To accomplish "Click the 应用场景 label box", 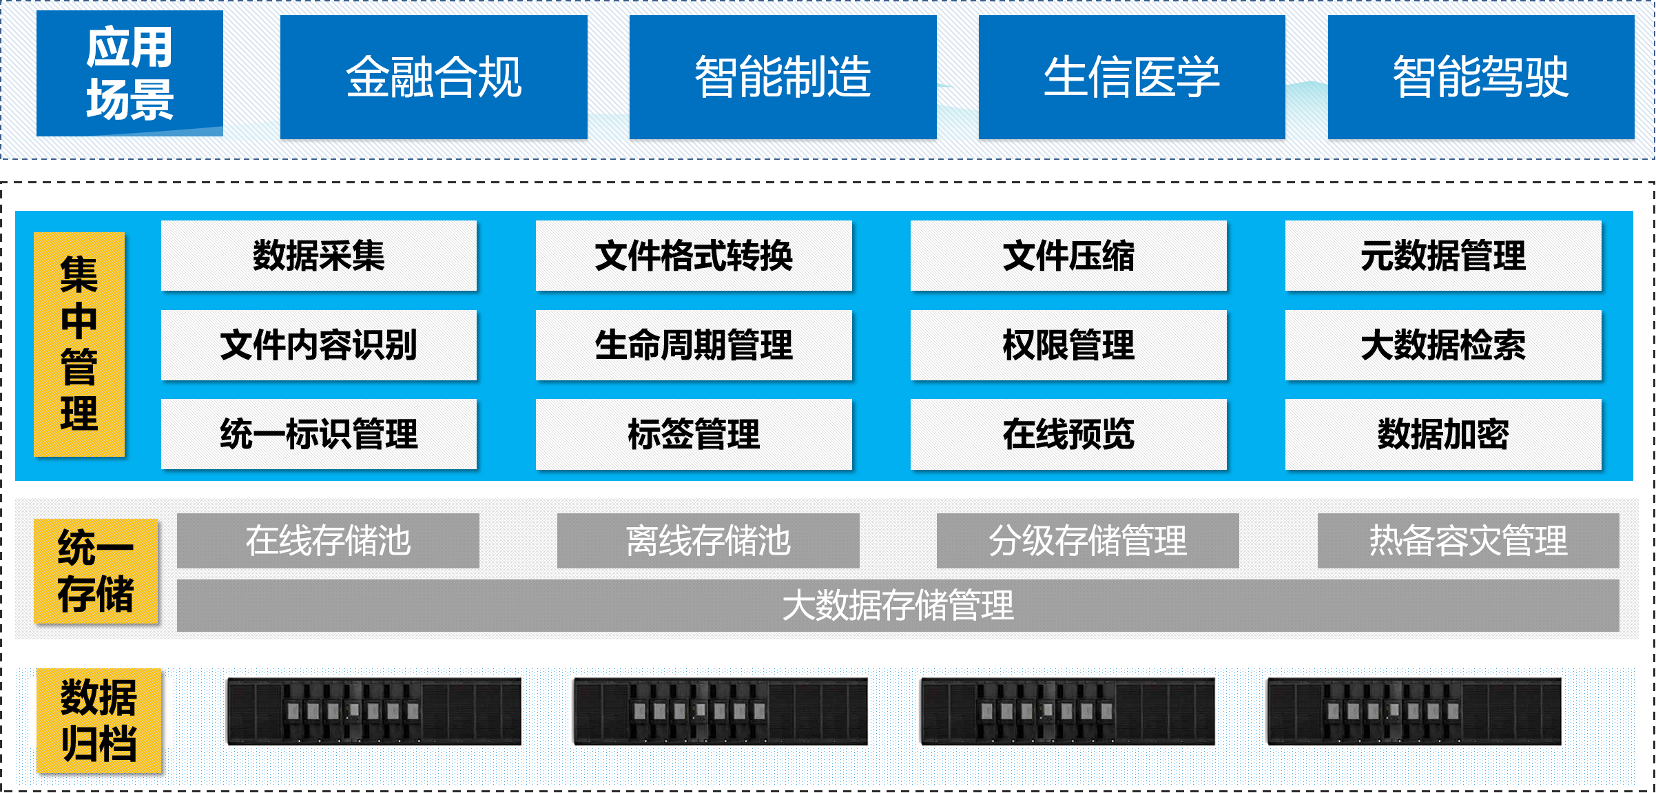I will click(130, 73).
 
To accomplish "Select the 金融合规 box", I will click(433, 77).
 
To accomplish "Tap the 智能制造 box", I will click(783, 77).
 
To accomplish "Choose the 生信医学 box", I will click(1131, 77).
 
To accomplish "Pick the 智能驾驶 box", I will click(1480, 77).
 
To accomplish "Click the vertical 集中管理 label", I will click(79, 344).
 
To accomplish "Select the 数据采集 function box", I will click(318, 256).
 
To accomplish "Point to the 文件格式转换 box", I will click(694, 256).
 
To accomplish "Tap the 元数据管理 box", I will click(1443, 256).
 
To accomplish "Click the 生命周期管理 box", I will click(694, 344).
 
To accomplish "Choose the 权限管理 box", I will click(1068, 344).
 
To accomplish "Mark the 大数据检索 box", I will click(1443, 344).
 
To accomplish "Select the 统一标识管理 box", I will click(318, 434).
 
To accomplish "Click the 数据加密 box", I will click(1443, 434).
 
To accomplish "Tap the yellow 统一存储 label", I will click(96, 571).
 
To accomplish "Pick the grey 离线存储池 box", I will click(707, 541).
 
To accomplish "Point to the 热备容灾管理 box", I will click(1468, 541).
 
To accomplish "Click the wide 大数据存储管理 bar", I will click(898, 605).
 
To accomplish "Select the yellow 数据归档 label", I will click(99, 720).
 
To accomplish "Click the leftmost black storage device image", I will click(374, 711).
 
